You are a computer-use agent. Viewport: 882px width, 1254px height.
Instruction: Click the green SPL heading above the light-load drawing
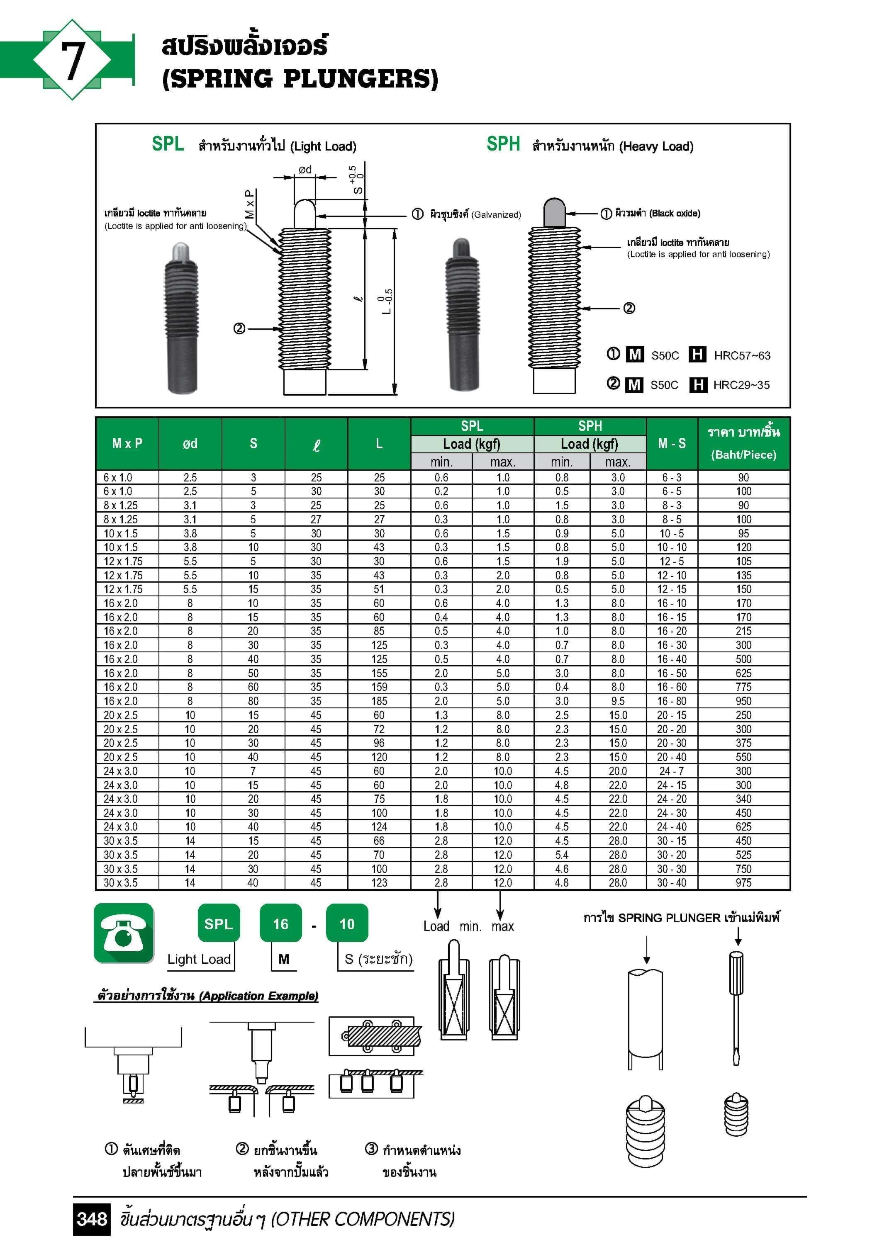point(167,144)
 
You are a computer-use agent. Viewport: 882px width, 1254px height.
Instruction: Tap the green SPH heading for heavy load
point(503,144)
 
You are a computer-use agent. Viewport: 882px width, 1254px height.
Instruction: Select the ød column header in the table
point(190,443)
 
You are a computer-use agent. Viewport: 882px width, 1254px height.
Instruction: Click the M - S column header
point(672,443)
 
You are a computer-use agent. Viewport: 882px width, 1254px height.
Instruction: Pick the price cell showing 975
point(743,882)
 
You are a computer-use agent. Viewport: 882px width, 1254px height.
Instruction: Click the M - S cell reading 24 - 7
point(672,770)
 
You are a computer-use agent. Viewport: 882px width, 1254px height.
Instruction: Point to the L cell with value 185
point(379,701)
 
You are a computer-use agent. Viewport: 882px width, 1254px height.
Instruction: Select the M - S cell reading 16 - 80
point(672,701)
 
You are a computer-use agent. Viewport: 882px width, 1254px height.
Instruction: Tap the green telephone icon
point(124,933)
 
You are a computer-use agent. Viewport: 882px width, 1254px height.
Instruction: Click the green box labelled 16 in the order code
point(280,923)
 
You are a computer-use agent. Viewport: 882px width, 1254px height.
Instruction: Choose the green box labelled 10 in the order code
point(347,923)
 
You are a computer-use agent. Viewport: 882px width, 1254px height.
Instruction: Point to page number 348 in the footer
point(92,1218)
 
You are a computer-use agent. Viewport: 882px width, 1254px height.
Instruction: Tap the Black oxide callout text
point(674,214)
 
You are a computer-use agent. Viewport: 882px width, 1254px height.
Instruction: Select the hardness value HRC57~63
point(741,355)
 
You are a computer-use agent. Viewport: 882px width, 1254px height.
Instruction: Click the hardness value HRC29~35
point(741,385)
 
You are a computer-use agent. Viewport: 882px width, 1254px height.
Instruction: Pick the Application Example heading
point(208,996)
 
